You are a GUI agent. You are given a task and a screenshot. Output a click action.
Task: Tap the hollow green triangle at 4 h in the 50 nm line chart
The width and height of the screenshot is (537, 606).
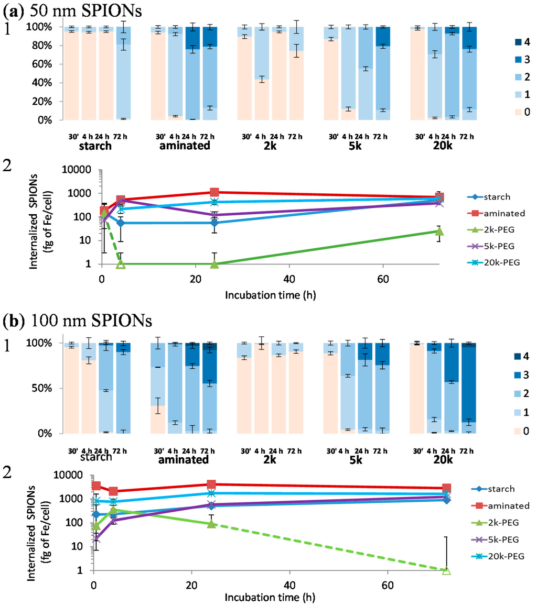tap(121, 264)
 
